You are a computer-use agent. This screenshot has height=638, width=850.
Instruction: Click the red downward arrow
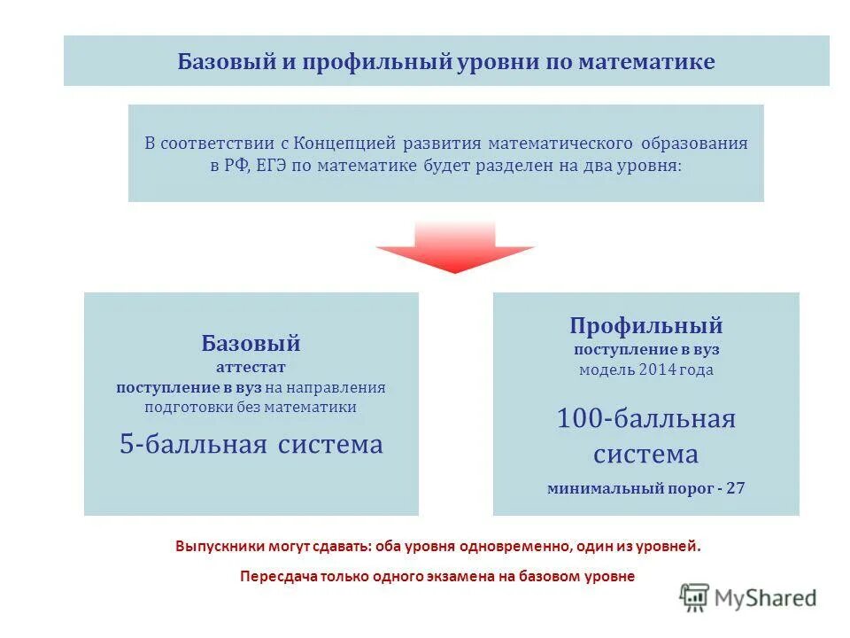click(x=455, y=247)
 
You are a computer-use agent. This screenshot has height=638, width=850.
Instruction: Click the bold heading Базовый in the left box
click(x=251, y=343)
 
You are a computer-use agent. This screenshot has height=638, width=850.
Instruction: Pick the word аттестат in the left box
click(x=251, y=366)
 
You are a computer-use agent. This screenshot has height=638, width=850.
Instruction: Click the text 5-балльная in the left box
click(x=193, y=444)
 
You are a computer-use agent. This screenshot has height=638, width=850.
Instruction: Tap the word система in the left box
click(x=330, y=444)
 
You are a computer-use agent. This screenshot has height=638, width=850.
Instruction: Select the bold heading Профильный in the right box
click(x=646, y=325)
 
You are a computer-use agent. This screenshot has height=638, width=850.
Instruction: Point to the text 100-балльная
click(x=646, y=418)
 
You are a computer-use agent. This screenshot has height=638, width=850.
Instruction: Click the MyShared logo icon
click(x=694, y=597)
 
